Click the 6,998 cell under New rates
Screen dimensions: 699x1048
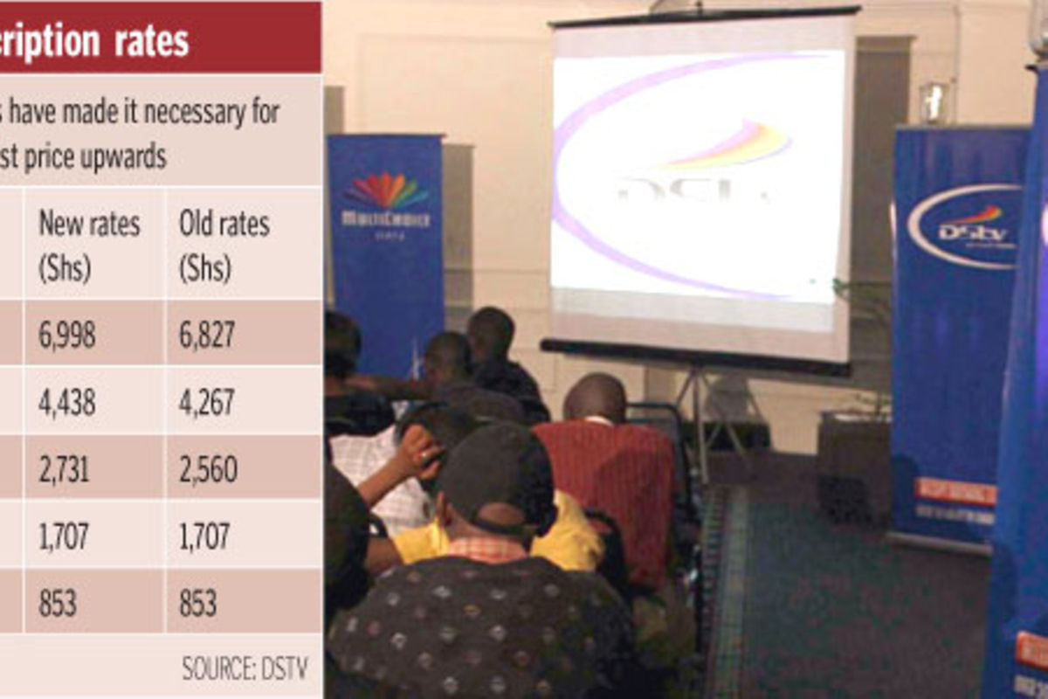coord(68,334)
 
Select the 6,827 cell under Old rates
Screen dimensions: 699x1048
coord(207,334)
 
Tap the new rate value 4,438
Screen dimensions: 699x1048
coord(68,401)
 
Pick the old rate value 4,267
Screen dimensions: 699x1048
coord(207,401)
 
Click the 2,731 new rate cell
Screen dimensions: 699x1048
coord(64,468)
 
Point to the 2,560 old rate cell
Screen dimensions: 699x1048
coord(208,468)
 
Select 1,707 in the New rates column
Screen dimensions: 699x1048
coord(63,536)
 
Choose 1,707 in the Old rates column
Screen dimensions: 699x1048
coord(204,536)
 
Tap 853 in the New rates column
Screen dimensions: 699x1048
coord(57,603)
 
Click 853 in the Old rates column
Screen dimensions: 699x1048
coord(198,603)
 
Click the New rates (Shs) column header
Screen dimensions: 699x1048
coord(88,246)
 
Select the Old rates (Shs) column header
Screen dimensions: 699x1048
coord(224,246)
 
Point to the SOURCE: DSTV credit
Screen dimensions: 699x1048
coord(244,668)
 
